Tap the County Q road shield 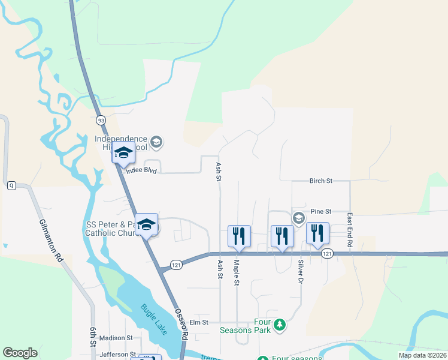coord(11,185)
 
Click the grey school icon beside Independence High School coord(157,142)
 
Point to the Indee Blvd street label coord(141,171)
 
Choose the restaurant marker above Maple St coord(239,236)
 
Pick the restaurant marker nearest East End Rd coord(317,233)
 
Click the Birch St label coord(321,181)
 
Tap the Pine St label coord(321,212)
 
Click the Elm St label coord(198,323)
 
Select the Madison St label coord(114,338)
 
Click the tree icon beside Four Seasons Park coord(279,325)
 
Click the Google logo coord(20,353)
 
